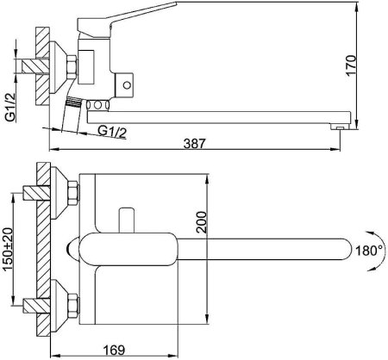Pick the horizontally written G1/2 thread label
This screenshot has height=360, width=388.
[x=114, y=130]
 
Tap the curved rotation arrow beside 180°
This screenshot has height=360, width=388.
[x=374, y=251]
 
